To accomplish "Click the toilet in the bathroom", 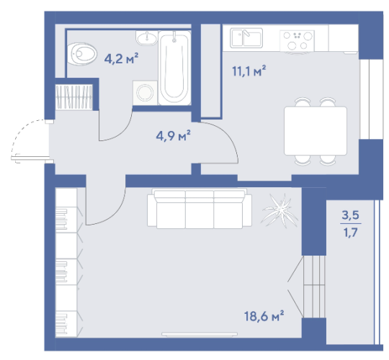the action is [x=82, y=54].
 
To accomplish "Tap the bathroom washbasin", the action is [x=147, y=38].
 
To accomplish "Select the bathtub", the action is [x=174, y=68].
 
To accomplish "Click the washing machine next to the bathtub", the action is [x=145, y=93].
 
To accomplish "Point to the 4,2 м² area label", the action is [x=121, y=59].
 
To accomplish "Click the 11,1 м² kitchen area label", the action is [x=249, y=71].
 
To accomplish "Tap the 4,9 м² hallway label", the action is [x=173, y=135].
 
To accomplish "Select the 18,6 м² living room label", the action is [x=264, y=316].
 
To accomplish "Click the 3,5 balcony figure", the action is [x=351, y=215].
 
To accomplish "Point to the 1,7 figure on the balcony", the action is [x=351, y=233].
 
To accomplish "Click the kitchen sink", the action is [x=246, y=38].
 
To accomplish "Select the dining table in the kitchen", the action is [x=316, y=131].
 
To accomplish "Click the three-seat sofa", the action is [x=200, y=208].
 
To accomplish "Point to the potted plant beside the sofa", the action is [x=280, y=211].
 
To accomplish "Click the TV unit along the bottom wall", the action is [x=200, y=335].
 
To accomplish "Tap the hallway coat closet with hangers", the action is [x=73, y=97].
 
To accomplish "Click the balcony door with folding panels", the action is [x=307, y=287].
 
